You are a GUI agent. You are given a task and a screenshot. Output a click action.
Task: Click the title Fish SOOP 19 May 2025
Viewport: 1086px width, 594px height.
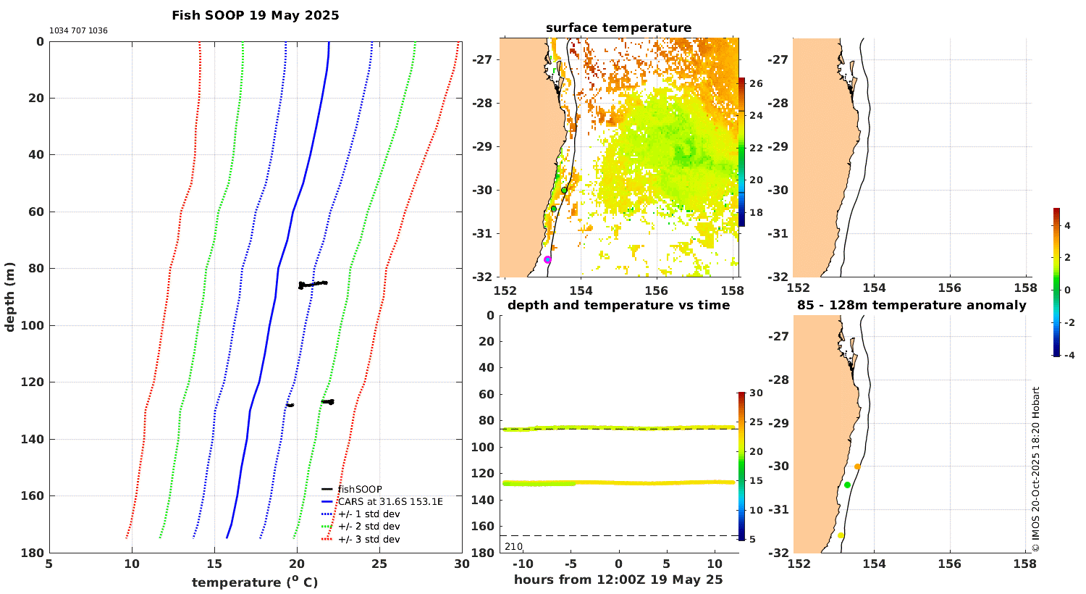tap(255, 15)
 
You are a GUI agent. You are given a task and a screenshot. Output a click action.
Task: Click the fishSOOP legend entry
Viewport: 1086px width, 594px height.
tap(360, 490)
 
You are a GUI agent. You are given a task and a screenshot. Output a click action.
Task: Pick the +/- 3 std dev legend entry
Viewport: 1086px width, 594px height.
tap(369, 540)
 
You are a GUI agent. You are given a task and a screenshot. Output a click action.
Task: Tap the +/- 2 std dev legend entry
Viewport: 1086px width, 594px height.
tap(369, 527)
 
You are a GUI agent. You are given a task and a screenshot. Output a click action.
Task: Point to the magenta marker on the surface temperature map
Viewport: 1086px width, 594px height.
tap(547, 259)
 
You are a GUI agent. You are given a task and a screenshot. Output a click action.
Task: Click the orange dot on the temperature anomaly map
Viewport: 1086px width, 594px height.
tap(857, 467)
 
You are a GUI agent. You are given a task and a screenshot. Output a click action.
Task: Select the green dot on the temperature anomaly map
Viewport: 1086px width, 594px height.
tap(847, 485)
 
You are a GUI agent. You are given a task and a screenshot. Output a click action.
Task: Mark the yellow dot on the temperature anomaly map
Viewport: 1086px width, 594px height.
tap(841, 535)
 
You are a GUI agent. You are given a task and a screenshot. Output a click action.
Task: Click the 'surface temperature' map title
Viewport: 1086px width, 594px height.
tap(618, 28)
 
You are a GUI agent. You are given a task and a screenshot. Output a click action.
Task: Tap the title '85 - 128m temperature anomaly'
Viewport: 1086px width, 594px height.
tap(912, 306)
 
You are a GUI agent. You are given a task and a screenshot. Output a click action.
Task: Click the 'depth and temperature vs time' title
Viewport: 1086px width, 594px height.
tap(618, 306)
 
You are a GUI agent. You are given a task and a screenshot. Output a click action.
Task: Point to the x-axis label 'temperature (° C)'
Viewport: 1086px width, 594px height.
tap(255, 582)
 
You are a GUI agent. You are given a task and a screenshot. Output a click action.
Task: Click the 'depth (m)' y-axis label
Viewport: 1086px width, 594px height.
tap(10, 297)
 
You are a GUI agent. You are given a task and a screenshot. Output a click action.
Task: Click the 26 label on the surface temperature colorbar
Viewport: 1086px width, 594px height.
tap(756, 84)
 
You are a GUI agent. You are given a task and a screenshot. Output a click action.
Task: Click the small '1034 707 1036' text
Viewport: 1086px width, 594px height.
tap(78, 31)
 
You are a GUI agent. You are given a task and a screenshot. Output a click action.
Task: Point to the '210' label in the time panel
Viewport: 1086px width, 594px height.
tap(513, 546)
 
